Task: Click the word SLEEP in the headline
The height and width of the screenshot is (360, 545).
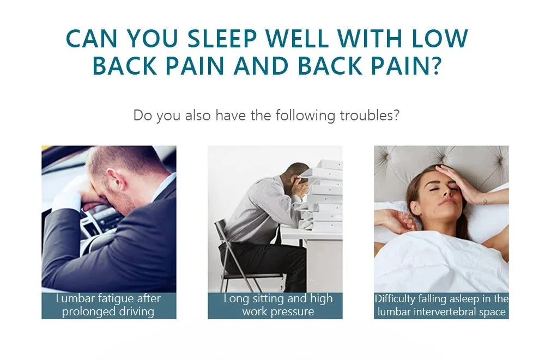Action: [222, 38]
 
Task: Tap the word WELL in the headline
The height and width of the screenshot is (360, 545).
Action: [299, 38]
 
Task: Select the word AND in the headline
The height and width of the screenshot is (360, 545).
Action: [261, 66]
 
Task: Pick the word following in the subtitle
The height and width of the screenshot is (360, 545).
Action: [306, 116]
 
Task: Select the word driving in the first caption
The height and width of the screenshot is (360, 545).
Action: [137, 312]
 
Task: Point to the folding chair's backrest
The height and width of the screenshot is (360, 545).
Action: [221, 232]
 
